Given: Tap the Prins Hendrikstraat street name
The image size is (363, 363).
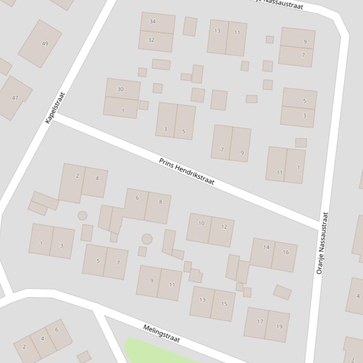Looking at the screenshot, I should [186, 171].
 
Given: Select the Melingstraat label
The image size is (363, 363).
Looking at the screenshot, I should [161, 334].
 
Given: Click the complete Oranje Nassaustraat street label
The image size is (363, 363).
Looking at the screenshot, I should [322, 243].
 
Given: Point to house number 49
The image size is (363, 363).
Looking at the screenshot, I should [45, 44].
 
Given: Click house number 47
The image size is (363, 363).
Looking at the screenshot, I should [15, 98].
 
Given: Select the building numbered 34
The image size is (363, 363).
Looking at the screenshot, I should [152, 22].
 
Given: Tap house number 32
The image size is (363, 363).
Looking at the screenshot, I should [151, 40].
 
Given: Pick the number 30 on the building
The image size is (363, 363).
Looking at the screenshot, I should [120, 89].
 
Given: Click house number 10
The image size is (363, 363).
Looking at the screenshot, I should [202, 223].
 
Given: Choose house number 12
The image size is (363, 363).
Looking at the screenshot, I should [224, 227].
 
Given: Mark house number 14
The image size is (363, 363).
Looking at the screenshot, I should [266, 247].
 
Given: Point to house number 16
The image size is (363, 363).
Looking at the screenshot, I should [286, 252].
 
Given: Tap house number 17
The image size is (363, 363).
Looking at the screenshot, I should [260, 322].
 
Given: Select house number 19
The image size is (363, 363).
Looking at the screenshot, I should [279, 326].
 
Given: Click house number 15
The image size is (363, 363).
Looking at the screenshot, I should [224, 304].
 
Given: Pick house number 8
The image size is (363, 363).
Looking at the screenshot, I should [160, 202].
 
